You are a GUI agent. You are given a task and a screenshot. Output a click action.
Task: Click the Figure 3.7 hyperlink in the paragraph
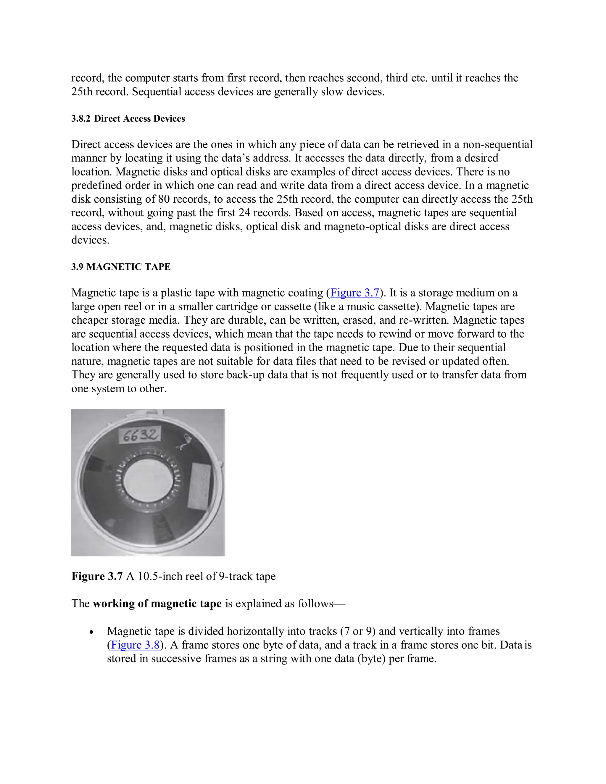coord(355,293)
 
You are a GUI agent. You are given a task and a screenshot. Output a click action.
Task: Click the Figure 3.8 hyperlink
coord(135,645)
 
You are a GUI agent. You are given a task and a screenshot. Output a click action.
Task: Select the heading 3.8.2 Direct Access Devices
coord(128,119)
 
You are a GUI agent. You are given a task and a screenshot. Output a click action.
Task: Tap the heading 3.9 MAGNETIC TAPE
coord(121,267)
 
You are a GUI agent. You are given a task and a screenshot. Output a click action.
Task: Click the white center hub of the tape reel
coord(148,481)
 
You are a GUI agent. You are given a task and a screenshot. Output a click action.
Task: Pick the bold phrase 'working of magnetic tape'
coord(157,604)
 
